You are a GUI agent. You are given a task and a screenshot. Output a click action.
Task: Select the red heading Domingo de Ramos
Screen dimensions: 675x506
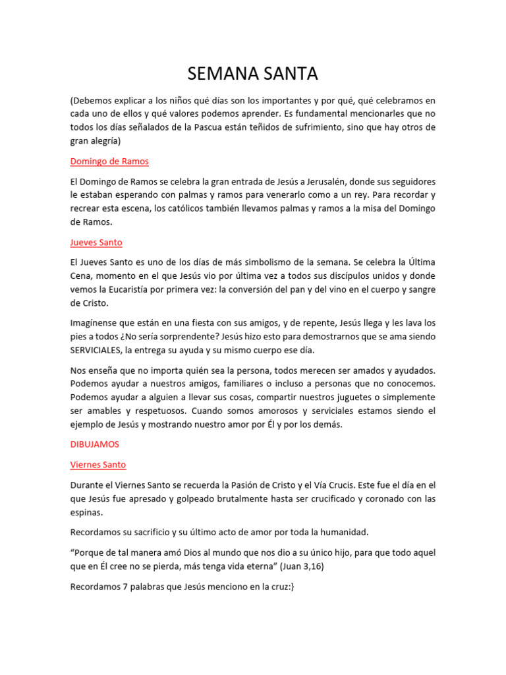109,161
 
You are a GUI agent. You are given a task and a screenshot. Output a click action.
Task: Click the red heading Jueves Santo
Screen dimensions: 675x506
96,243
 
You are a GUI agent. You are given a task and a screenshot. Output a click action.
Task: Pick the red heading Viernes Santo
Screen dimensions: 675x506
98,465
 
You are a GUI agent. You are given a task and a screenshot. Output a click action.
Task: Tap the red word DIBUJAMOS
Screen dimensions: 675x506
95,444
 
